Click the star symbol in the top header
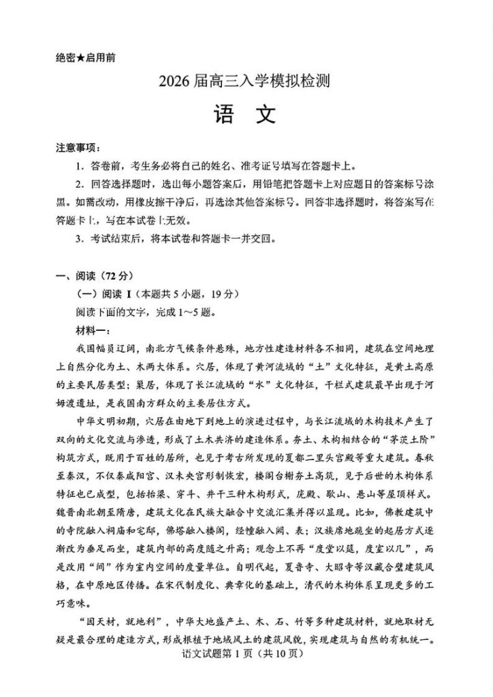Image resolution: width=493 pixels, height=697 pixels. pos(80,58)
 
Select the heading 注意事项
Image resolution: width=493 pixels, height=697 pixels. pos(76,148)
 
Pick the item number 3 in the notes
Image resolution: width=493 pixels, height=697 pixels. pos(79,238)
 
